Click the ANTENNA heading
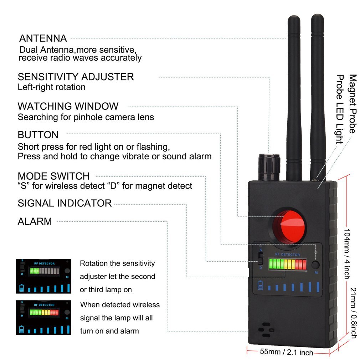[43, 38]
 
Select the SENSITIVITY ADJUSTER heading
[76, 77]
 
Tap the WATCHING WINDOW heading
[68, 106]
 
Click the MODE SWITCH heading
[53, 176]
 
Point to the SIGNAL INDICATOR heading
[65, 203]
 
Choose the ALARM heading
[35, 221]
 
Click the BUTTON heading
[38, 135]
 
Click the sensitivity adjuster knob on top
[269, 167]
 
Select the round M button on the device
[315, 265]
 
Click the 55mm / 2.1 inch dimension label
[286, 352]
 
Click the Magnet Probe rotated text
[352, 103]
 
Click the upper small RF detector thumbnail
[43, 276]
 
